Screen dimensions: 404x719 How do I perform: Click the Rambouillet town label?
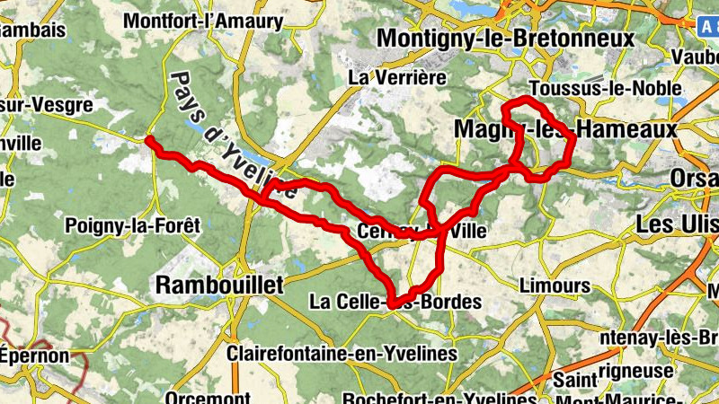point(219,285)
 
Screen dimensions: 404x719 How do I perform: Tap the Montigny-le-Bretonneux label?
point(506,39)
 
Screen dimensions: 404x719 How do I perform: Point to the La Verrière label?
point(398,77)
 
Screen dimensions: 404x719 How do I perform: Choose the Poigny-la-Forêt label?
point(131,226)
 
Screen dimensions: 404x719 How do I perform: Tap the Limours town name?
point(555,286)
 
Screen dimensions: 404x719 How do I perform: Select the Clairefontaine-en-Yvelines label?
point(342,354)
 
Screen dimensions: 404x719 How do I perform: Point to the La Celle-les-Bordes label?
point(395,302)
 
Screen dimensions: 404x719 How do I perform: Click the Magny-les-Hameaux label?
point(565,130)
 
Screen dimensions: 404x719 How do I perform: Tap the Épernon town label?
point(34,356)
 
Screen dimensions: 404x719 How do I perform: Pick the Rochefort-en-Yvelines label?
point(439,398)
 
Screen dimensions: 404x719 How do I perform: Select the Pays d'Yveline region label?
point(228,135)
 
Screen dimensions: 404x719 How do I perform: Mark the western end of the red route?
point(149,141)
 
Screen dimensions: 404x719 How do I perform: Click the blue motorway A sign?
point(708,26)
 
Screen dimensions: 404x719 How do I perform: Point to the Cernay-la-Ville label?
point(422,231)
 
